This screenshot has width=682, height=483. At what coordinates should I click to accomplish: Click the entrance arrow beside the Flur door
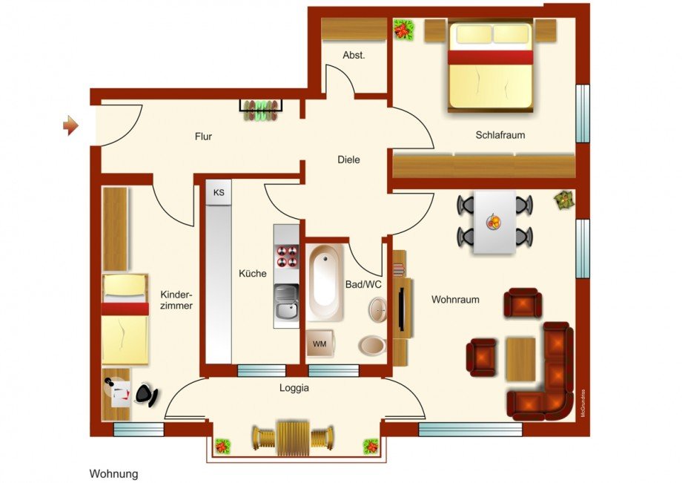(70, 125)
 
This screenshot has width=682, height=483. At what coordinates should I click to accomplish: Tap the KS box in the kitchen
(219, 193)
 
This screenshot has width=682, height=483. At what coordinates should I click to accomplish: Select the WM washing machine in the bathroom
(320, 344)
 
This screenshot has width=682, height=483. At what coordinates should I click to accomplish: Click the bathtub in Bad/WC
(325, 282)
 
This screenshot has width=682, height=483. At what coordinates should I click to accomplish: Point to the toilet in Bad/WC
(371, 345)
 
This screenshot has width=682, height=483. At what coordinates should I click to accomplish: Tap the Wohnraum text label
(455, 300)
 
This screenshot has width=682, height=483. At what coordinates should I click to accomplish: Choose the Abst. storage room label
(354, 56)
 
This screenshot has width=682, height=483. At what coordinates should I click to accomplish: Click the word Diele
(348, 160)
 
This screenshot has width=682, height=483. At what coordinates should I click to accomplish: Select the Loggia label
(294, 387)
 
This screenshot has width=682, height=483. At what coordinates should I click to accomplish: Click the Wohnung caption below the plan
(113, 473)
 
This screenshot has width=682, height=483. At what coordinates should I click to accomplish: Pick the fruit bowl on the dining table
(493, 220)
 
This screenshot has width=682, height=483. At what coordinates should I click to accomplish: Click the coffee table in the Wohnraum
(520, 359)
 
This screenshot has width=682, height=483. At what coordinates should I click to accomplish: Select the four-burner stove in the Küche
(286, 256)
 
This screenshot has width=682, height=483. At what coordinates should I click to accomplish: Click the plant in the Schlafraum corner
(404, 30)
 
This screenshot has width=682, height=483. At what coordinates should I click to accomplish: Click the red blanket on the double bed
(490, 56)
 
